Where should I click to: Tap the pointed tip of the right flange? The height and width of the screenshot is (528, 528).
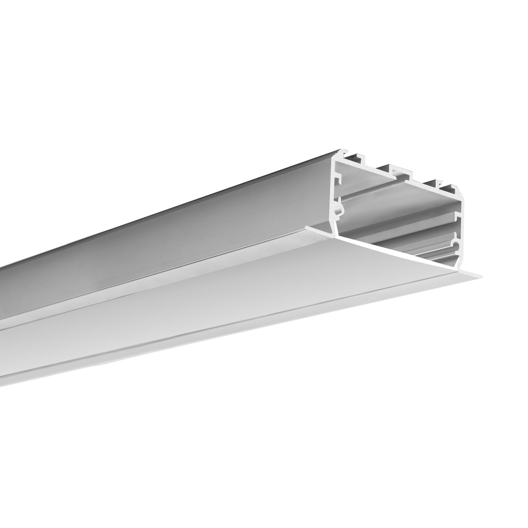point(482,277)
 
